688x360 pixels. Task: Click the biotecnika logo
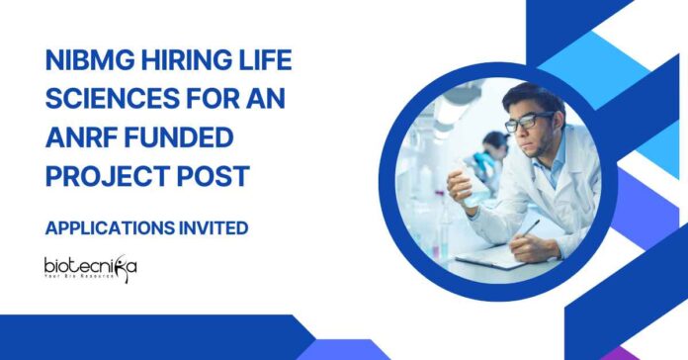[91, 269]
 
